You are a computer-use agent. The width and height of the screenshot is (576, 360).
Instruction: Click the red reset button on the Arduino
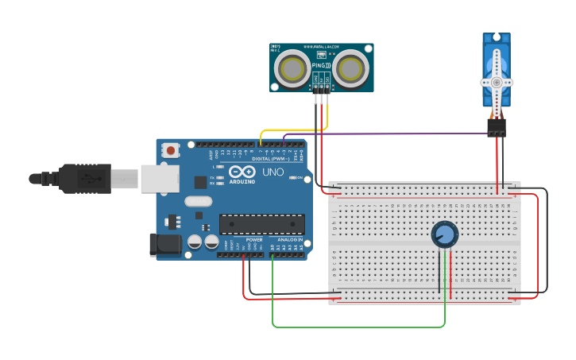[171, 149]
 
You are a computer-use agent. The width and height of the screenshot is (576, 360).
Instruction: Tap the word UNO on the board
[273, 172]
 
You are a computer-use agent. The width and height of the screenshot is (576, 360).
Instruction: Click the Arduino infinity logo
[241, 172]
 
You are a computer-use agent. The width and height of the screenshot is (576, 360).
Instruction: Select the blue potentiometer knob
[445, 234]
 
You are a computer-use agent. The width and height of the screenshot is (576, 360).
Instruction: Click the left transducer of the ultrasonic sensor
[293, 68]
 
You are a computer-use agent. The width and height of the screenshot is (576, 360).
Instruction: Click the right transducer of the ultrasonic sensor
[350, 68]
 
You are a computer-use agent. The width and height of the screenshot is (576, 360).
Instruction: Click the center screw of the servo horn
[497, 82]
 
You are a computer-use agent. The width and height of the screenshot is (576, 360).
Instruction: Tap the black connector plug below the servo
[497, 127]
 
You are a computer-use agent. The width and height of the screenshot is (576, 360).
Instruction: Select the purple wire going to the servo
[381, 134]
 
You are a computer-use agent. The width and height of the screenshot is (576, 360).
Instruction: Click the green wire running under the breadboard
[358, 327]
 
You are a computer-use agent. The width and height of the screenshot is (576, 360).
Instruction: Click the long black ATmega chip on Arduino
[261, 224]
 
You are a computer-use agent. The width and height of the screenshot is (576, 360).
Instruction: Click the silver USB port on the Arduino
[160, 179]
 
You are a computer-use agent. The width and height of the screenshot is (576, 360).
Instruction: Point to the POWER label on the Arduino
[254, 239]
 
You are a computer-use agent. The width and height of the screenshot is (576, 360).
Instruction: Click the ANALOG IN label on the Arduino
[289, 239]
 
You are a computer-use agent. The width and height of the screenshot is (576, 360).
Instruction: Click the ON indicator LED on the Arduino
[301, 178]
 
